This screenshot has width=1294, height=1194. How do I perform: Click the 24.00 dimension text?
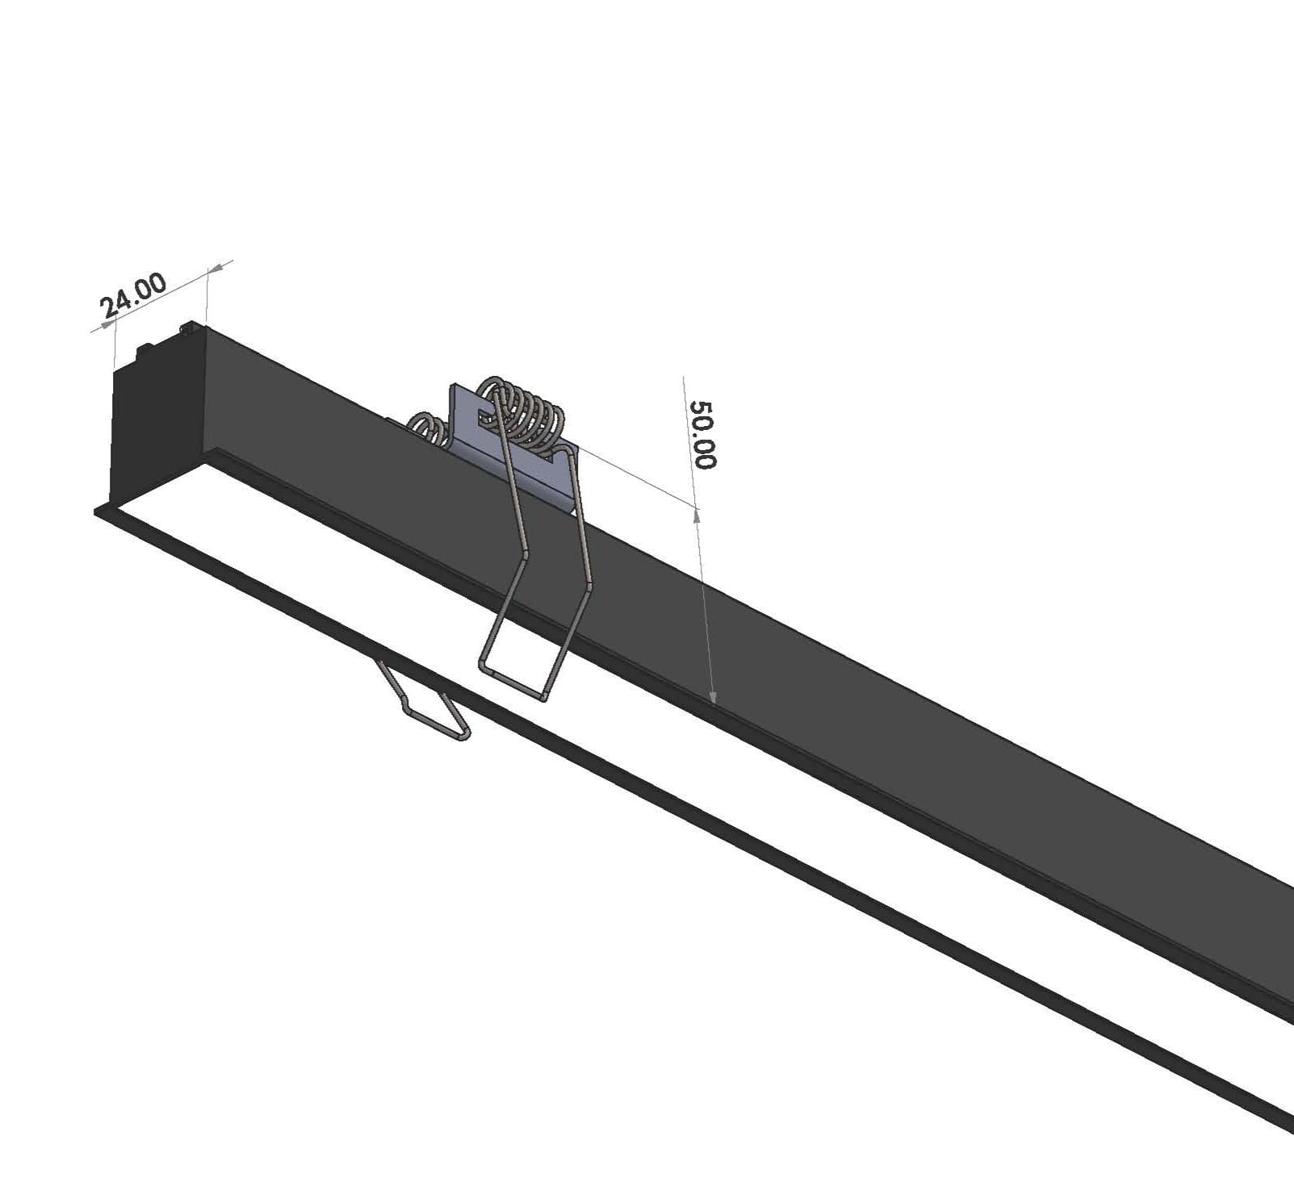click(x=133, y=294)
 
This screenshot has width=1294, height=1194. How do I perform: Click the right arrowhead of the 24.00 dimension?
click(x=220, y=266)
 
